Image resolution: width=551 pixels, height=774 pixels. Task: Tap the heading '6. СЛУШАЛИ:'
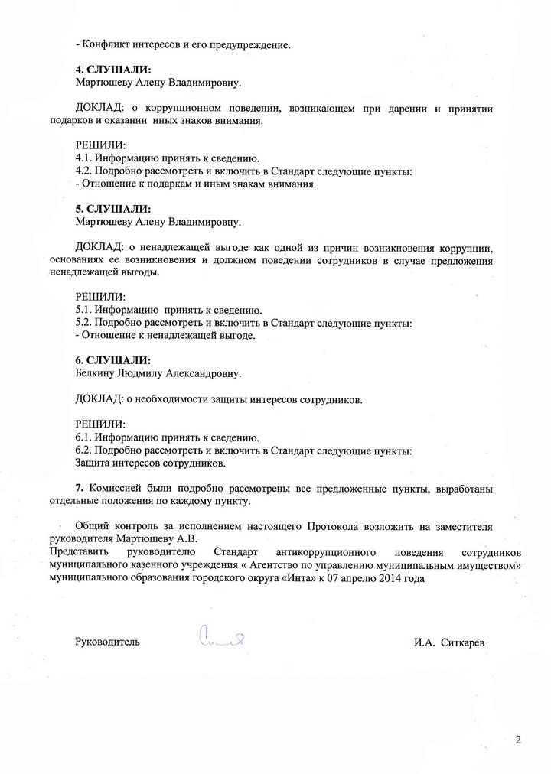click(x=113, y=360)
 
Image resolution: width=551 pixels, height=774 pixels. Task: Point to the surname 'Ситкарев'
click(x=463, y=642)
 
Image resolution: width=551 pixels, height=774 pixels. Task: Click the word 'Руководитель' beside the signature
click(x=108, y=642)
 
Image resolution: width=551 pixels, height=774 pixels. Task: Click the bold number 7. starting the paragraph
click(x=80, y=488)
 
